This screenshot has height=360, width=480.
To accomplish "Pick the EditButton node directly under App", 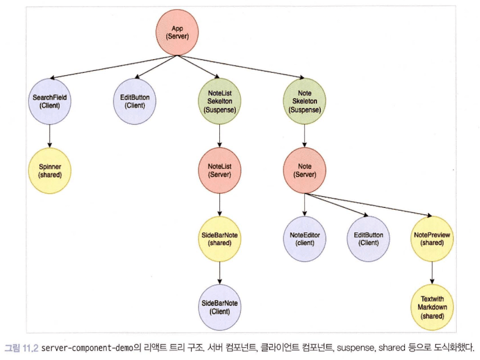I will pyautogui.click(x=134, y=101).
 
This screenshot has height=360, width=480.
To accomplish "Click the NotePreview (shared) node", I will pyautogui.click(x=432, y=238).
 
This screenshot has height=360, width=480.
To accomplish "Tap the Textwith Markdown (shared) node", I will pyautogui.click(x=432, y=307).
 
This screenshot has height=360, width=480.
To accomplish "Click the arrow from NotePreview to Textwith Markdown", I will pyautogui.click(x=432, y=273).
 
